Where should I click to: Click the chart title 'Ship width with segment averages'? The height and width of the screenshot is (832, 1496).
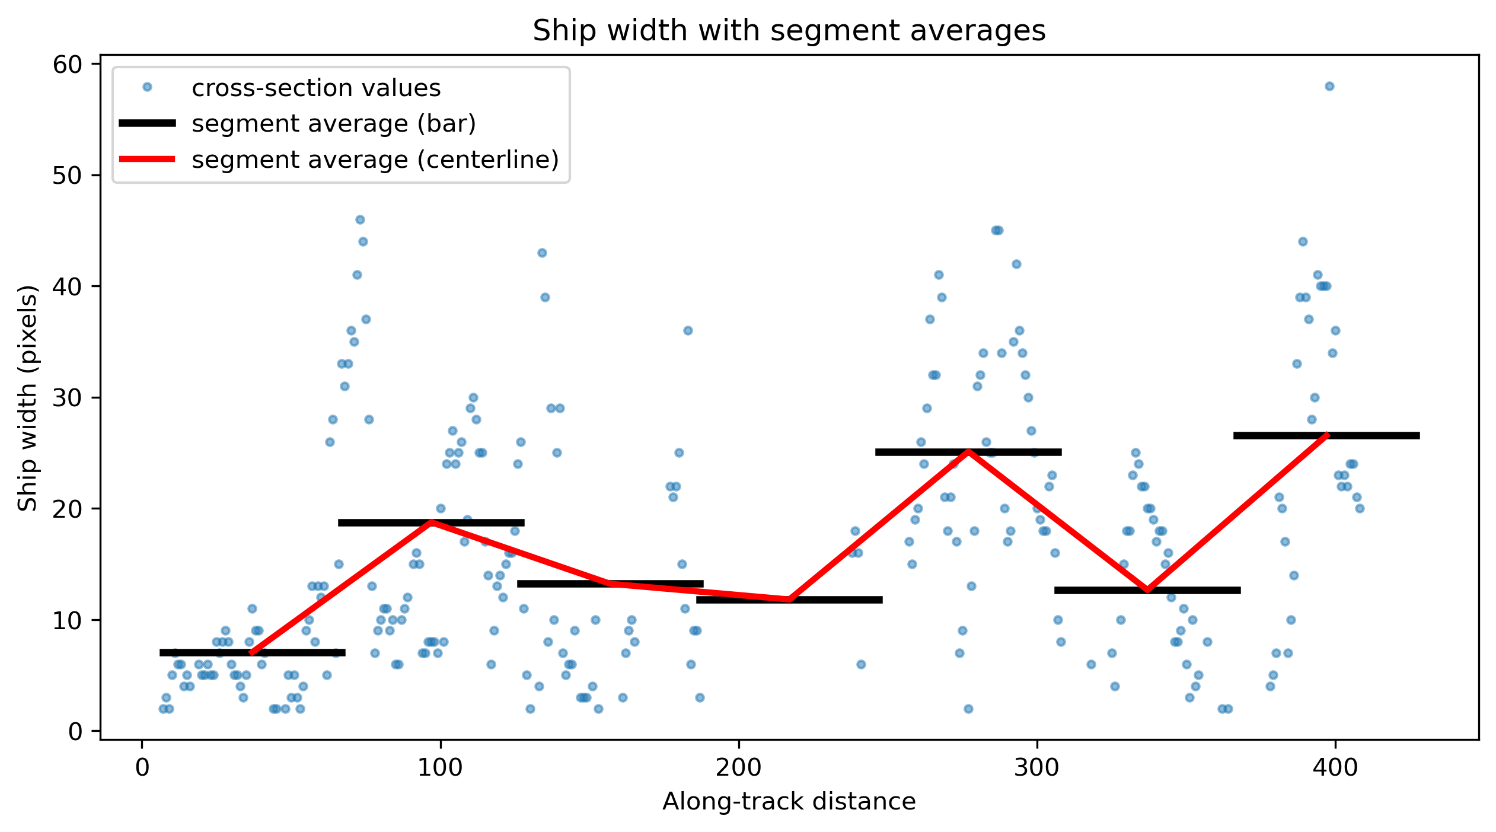789,31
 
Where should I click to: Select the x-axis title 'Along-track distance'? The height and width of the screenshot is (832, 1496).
789,801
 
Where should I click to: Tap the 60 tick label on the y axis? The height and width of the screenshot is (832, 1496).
67,65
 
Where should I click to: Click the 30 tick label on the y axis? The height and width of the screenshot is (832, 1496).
67,398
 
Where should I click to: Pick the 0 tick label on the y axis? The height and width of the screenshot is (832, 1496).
75,732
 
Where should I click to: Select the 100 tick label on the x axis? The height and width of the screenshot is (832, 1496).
440,767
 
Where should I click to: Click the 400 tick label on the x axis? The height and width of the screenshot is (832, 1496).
1335,767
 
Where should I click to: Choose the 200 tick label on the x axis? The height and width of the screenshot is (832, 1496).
738,767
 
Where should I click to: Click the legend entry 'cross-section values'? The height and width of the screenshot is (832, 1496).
316,88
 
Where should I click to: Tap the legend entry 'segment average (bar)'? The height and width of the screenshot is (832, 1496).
334,123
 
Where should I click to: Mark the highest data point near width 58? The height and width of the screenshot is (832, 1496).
1329,87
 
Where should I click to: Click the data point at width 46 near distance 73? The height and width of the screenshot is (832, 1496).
360,220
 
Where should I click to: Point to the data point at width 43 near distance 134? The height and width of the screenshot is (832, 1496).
542,253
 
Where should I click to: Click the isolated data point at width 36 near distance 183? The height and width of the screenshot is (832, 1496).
688,331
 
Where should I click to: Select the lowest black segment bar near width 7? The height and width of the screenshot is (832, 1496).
253,653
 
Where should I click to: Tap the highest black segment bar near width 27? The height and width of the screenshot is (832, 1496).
1326,436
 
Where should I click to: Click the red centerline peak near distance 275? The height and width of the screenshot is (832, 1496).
968,452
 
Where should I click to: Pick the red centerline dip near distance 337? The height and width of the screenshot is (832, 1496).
1147,590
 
